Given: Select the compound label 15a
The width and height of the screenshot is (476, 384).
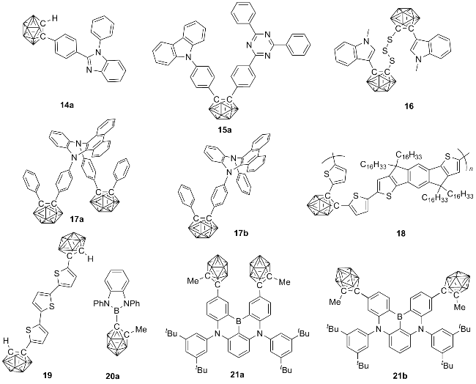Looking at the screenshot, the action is coord(225,130).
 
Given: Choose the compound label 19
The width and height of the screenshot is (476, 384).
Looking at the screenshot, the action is coord(48,375).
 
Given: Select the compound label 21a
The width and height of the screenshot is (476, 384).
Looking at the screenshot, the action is coord(237,374).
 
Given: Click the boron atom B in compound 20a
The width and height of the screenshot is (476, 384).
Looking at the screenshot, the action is coord(116,312).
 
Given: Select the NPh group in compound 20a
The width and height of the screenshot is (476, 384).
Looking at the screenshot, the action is coord(133,303).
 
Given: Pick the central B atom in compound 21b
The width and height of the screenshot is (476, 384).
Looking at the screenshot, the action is coord(400,317).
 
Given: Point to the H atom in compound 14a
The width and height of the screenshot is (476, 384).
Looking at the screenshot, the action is coord(54,19).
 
